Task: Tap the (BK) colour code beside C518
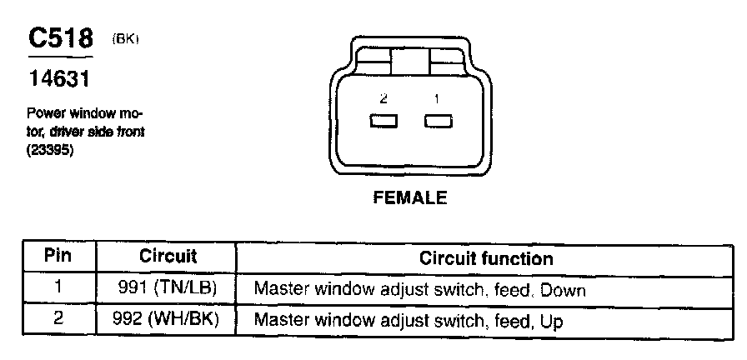pos(124,39)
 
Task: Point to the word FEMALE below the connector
pos(409,198)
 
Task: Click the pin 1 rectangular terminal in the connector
pos(438,122)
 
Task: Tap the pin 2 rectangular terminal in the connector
pos(384,122)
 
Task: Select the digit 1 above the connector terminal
pos(437,98)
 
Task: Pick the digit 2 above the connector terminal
pos(384,98)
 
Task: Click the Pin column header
pos(57,257)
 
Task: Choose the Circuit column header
pos(167,257)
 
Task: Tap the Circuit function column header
pos(486,258)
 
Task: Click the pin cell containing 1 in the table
pos(57,289)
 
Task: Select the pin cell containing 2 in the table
pos(57,319)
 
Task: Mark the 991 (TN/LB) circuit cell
pos(167,289)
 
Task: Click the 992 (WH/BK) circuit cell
pos(167,319)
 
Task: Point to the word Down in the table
pos(563,290)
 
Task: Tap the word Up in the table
pos(550,320)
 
